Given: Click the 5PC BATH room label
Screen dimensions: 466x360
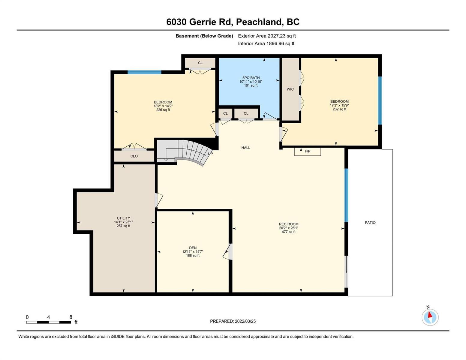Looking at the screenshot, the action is click(x=251, y=78).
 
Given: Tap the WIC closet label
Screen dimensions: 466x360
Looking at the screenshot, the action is click(x=290, y=89).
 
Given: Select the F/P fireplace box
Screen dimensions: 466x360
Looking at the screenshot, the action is click(x=307, y=151).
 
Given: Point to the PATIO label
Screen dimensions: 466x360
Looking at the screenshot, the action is click(x=370, y=223).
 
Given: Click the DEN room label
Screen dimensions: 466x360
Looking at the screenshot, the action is click(x=193, y=247).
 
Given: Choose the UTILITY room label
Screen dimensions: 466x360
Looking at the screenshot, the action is click(x=123, y=218).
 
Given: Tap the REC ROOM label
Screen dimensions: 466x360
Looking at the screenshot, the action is click(x=289, y=224).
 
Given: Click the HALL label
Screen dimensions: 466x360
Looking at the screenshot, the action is click(x=246, y=148).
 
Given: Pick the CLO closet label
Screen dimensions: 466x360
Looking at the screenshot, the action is click(x=134, y=156).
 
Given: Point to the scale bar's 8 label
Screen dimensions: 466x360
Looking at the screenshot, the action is click(x=71, y=317).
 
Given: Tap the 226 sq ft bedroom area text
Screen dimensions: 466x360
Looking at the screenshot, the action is click(x=163, y=110).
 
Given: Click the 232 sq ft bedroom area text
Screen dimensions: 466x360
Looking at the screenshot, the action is click(x=339, y=109).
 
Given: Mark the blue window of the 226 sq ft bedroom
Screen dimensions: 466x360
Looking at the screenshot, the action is click(x=144, y=72).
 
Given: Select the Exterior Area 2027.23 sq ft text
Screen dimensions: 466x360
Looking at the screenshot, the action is click(x=267, y=36).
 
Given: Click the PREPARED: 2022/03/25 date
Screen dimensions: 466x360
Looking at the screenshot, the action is click(x=233, y=321).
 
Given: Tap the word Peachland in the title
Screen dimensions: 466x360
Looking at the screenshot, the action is click(x=259, y=22).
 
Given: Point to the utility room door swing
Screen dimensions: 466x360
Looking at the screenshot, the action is click(x=159, y=200).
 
